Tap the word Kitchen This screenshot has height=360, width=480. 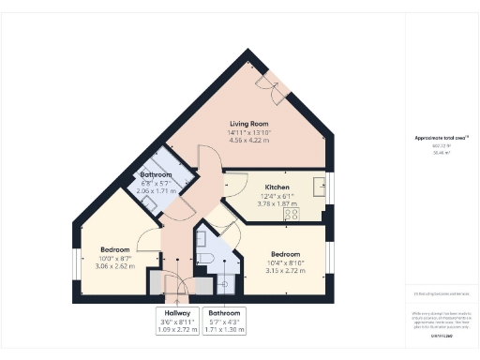(277, 187)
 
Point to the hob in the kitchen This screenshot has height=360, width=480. (292, 214)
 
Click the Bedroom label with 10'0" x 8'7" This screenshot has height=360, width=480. (115, 249)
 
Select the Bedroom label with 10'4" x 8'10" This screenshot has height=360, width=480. (286, 254)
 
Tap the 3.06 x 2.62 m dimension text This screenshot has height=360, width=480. (115, 266)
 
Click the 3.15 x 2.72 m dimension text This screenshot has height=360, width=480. (286, 271)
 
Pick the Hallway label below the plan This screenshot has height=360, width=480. (177, 312)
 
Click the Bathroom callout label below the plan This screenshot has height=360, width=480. (225, 312)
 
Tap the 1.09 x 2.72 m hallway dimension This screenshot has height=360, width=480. (177, 329)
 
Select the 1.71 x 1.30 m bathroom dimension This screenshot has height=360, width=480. (225, 329)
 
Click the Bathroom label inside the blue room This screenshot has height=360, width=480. (156, 175)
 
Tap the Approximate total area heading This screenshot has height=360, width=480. (441, 139)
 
